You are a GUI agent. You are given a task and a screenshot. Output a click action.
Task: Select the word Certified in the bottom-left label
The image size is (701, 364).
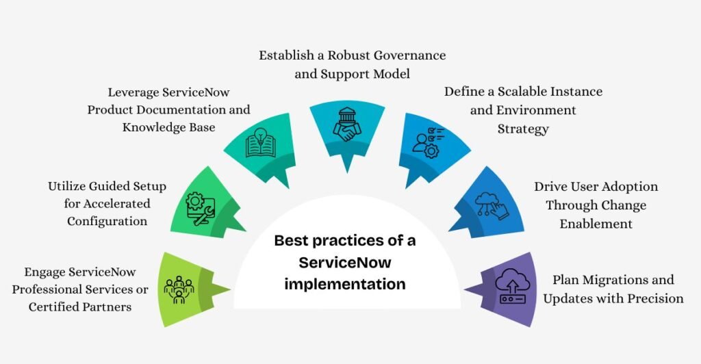coord(58,307)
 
